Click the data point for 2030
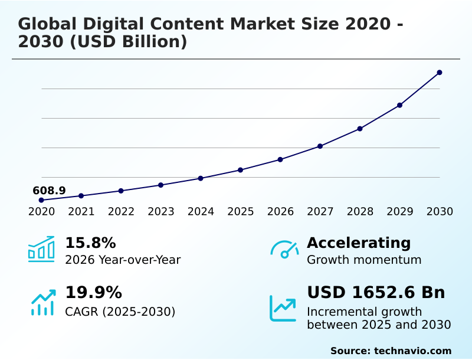(x=440, y=73)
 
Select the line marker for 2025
(x=240, y=170)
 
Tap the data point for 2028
(x=360, y=129)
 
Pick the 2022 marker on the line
(x=121, y=191)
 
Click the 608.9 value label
(x=49, y=191)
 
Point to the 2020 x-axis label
(x=41, y=212)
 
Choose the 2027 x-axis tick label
(x=320, y=212)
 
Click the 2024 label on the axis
(x=201, y=212)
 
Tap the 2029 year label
(x=400, y=212)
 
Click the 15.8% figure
(x=90, y=243)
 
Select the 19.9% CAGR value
(x=93, y=293)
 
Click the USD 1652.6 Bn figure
(x=376, y=293)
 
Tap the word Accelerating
(x=359, y=243)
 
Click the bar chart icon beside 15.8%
(x=41, y=249)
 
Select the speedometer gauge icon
(x=284, y=249)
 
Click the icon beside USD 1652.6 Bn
(x=283, y=308)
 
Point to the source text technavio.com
(x=412, y=351)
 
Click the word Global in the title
(x=47, y=24)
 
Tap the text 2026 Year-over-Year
(x=123, y=260)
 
